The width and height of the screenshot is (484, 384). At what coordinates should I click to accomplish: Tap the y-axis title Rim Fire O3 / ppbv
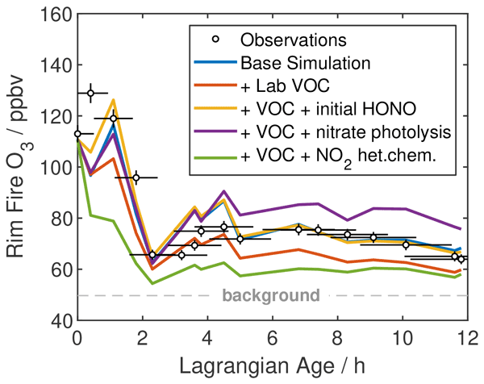click(x=22, y=167)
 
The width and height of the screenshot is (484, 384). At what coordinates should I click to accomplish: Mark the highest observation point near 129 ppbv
click(x=90, y=93)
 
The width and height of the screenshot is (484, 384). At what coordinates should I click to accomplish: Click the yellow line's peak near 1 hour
click(x=113, y=100)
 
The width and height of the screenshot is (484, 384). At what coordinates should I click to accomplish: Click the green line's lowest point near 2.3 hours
click(x=152, y=283)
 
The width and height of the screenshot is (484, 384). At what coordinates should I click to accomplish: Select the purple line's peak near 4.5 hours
click(x=224, y=191)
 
